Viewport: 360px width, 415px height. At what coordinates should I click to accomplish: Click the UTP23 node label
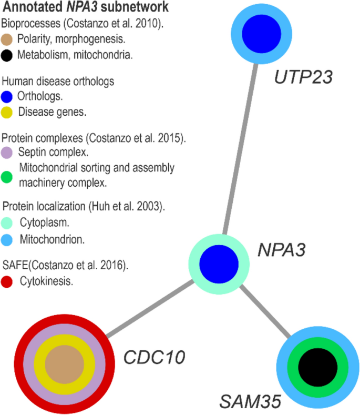(x=304, y=78)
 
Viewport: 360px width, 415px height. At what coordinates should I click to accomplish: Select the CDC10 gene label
(x=154, y=358)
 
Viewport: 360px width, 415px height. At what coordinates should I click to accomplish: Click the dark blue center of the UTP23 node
(x=263, y=35)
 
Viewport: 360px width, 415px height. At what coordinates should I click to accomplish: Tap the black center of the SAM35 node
(x=318, y=367)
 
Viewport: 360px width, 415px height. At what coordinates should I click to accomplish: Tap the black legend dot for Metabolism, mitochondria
(x=8, y=55)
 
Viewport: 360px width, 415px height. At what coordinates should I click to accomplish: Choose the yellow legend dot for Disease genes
(x=8, y=112)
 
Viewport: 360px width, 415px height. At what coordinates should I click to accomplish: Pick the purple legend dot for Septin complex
(x=8, y=154)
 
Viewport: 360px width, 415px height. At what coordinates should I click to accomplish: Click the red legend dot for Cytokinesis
(x=8, y=281)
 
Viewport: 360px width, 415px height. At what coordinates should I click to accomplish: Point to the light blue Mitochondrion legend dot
(x=8, y=240)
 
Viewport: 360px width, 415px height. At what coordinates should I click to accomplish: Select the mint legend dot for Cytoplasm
(x=8, y=224)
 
